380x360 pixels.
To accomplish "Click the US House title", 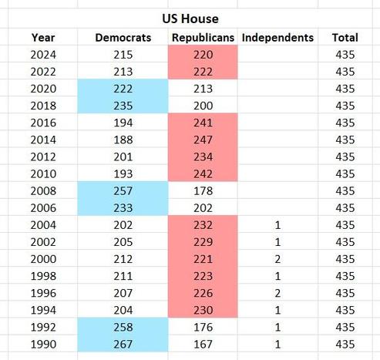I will click(190, 18).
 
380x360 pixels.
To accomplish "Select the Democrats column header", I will click(123, 37).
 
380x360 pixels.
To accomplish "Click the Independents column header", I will click(277, 37).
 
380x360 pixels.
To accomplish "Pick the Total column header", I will click(345, 37).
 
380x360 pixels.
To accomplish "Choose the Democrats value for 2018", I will click(123, 105).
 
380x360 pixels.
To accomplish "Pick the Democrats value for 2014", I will click(123, 139).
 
